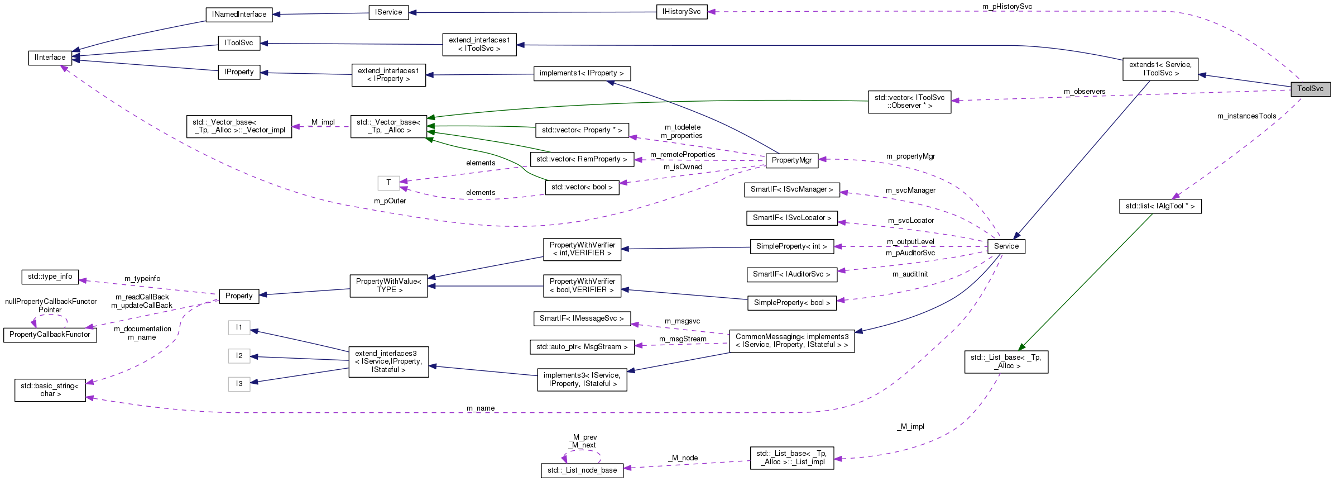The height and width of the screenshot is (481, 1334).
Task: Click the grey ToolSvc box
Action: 1310,89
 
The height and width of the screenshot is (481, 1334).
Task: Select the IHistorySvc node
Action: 681,12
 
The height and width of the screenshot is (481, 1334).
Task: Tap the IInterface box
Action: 50,58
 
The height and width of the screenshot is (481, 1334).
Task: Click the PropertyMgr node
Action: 791,160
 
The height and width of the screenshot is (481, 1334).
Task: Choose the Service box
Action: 1006,246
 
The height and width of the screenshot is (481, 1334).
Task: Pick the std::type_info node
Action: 50,277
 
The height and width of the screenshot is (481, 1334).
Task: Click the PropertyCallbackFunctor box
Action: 50,335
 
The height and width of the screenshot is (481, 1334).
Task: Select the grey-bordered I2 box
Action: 239,356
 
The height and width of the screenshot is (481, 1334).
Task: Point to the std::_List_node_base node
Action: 582,470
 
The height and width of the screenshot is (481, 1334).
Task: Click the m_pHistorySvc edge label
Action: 1007,7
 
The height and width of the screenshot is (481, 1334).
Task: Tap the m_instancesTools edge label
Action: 1246,116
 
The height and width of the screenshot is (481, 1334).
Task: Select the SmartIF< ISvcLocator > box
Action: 791,218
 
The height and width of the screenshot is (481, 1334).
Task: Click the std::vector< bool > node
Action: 582,187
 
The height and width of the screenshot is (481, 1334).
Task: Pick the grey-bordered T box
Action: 388,183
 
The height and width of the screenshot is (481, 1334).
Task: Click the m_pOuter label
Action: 390,201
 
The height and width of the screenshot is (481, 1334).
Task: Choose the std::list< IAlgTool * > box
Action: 1160,206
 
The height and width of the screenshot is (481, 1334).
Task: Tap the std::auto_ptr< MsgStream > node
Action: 582,347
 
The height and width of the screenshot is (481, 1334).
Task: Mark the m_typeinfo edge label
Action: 142,279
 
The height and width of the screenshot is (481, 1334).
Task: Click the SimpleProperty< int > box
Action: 791,246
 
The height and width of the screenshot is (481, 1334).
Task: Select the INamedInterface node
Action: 239,15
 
